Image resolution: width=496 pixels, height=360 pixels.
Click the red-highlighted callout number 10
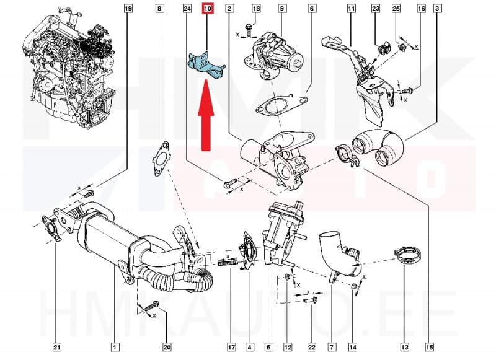click(x=207, y=9)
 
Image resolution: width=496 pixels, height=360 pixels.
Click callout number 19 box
click(x=128, y=9)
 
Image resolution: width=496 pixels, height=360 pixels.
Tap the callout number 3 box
click(x=438, y=9)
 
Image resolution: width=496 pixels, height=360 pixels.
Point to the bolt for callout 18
click(x=248, y=29)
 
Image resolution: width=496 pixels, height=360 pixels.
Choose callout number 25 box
click(x=396, y=9)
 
